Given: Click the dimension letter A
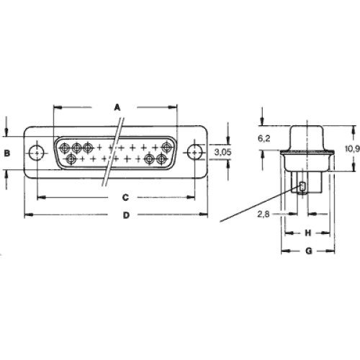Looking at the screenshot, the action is (117, 107).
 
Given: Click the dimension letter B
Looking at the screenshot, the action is (7, 153).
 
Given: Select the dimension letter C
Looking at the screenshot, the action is (125, 197).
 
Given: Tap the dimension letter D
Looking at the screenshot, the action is (126, 215).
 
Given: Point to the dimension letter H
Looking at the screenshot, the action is (308, 233).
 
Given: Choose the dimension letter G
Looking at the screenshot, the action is (309, 251).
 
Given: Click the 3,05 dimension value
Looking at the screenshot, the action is (222, 152).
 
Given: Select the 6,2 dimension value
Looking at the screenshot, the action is (264, 138).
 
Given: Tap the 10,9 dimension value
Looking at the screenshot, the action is (353, 149).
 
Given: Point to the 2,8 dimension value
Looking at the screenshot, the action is (264, 214).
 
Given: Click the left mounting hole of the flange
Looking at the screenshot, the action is (37, 153).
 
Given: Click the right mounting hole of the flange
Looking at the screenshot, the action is (195, 152).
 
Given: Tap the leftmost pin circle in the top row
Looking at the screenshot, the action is (65, 148).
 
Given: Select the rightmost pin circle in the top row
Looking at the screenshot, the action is (166, 147).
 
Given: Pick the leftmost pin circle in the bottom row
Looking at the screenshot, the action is (71, 158).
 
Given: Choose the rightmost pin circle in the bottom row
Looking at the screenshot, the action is (161, 158).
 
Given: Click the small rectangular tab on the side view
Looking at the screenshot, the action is (302, 186).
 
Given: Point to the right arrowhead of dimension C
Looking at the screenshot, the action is (191, 197).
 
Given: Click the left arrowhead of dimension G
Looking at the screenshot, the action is (285, 251).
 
